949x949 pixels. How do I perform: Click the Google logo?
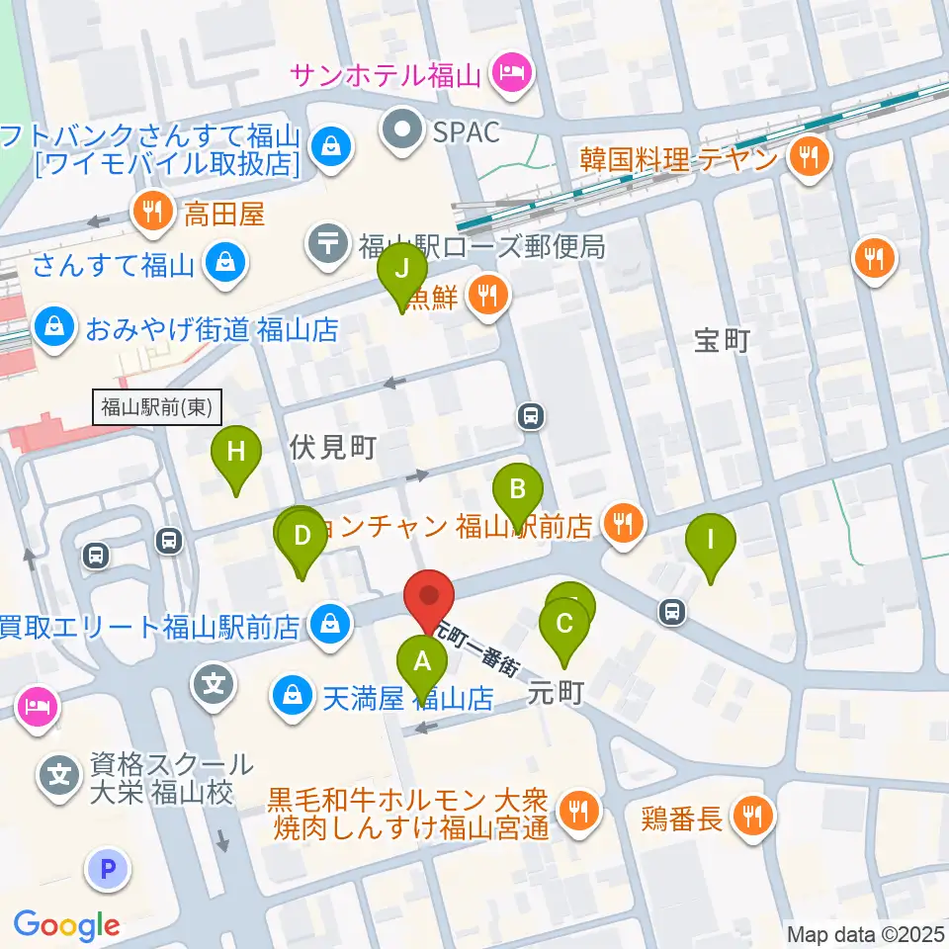(x=66, y=924)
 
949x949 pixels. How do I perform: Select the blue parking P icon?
(x=109, y=869)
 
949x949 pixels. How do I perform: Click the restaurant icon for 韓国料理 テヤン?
(x=809, y=155)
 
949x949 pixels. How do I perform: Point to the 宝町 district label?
(x=723, y=341)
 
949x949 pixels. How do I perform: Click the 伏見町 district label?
(x=332, y=447)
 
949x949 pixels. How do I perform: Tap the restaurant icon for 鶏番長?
(x=752, y=815)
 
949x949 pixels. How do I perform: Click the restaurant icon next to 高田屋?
(x=151, y=211)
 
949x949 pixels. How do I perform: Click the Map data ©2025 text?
(x=863, y=932)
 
